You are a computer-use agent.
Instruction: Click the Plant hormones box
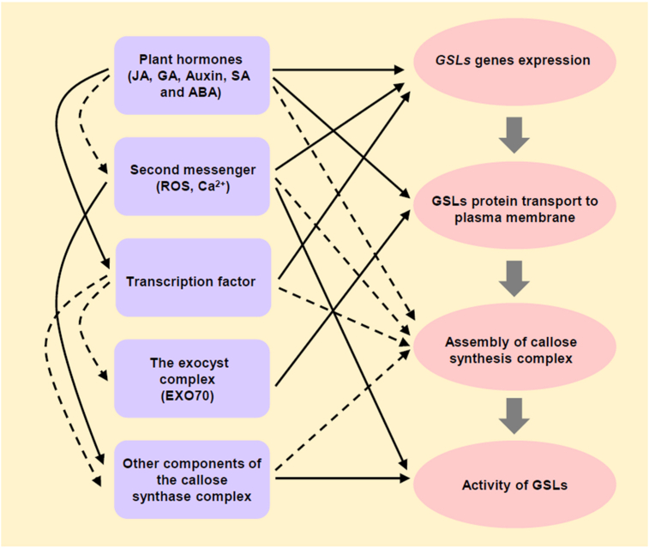click(193, 76)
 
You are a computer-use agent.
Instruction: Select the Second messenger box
click(193, 177)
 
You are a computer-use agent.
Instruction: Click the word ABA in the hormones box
click(205, 93)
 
